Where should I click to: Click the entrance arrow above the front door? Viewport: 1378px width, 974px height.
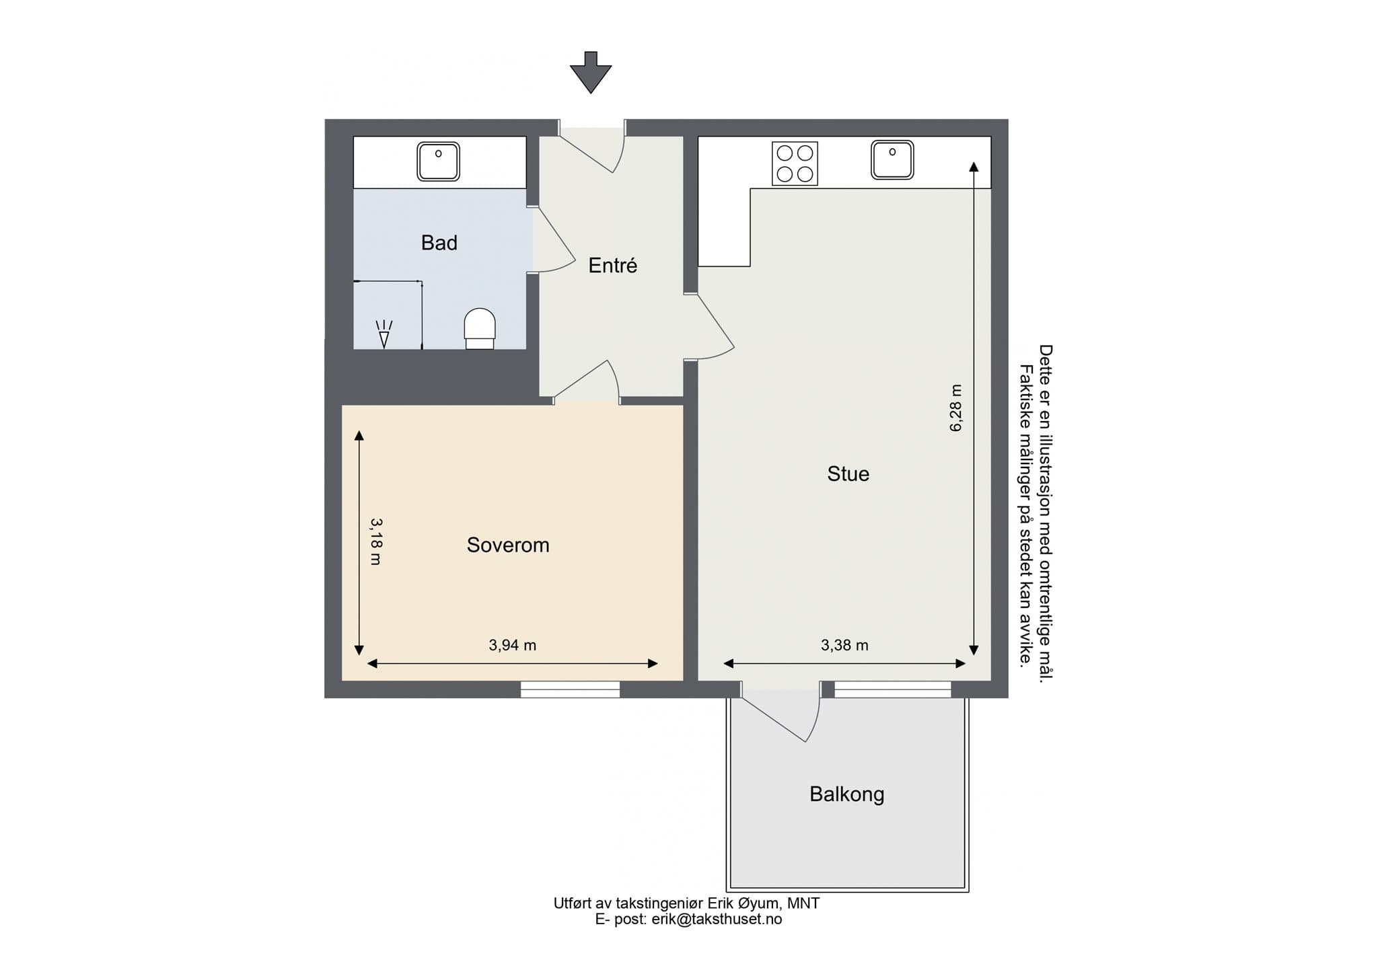click(591, 72)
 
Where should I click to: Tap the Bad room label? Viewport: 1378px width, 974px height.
click(439, 243)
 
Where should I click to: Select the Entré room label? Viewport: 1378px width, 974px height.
click(612, 265)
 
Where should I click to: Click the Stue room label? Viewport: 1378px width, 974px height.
click(848, 474)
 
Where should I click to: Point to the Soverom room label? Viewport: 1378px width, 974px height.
click(508, 545)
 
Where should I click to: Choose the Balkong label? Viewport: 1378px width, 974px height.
click(846, 794)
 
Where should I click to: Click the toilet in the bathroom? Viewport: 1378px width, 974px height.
click(480, 328)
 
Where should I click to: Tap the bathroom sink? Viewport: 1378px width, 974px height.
click(438, 161)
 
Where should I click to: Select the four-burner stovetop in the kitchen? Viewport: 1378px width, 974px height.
click(795, 163)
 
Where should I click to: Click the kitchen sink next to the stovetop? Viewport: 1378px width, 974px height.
click(892, 160)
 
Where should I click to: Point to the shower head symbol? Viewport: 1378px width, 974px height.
click(384, 334)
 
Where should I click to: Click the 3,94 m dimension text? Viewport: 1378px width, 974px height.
click(513, 646)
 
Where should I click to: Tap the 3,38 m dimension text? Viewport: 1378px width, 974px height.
click(844, 646)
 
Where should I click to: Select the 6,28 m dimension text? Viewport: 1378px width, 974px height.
click(956, 408)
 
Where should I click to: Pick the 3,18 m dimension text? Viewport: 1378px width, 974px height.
click(376, 541)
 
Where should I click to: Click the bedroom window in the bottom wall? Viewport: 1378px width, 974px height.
click(570, 689)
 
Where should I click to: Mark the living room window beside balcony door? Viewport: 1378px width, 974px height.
click(893, 689)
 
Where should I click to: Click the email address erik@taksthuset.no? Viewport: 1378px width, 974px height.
click(717, 920)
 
